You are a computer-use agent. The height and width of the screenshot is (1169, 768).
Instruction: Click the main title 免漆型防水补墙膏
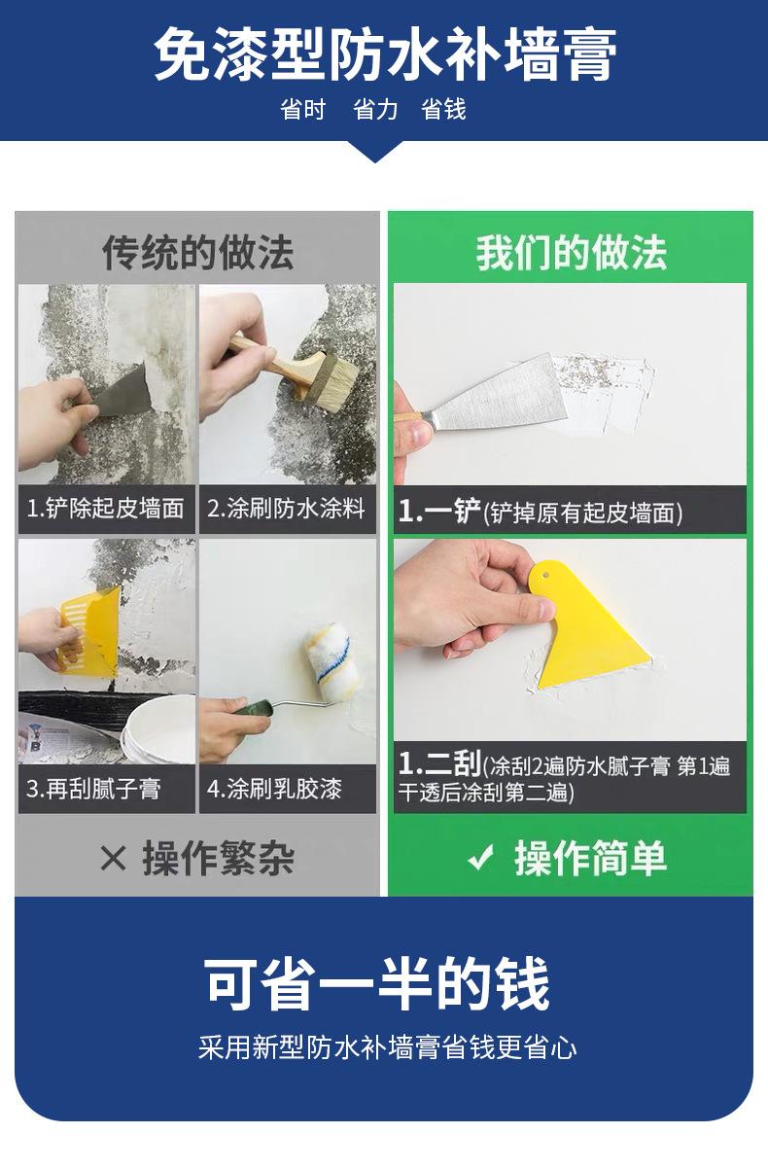point(385,53)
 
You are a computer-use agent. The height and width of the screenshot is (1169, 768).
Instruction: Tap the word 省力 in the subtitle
point(374,110)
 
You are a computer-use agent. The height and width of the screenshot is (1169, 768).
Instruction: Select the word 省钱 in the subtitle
point(443,110)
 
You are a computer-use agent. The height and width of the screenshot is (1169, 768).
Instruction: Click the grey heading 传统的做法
point(197,253)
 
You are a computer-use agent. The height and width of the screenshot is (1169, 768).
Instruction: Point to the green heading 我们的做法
point(572,253)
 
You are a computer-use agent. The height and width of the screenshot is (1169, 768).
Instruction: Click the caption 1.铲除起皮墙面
point(105,509)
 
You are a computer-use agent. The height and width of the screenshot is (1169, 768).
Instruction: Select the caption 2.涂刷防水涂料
point(286,509)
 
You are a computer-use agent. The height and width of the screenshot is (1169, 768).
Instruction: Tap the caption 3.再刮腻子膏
point(93,789)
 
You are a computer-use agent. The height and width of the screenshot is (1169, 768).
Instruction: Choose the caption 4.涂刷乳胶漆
point(274,789)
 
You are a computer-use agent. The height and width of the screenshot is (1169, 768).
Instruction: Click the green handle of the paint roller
point(252,713)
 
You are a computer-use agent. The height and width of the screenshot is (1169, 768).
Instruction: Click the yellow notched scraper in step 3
point(89,632)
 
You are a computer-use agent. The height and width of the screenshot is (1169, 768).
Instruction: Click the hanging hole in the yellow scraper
point(545,575)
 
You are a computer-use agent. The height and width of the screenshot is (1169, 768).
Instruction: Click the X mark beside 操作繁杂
point(113,859)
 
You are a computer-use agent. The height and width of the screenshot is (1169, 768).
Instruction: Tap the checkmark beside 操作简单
point(480,858)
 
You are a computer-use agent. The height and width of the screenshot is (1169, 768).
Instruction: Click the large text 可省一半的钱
point(376,983)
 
